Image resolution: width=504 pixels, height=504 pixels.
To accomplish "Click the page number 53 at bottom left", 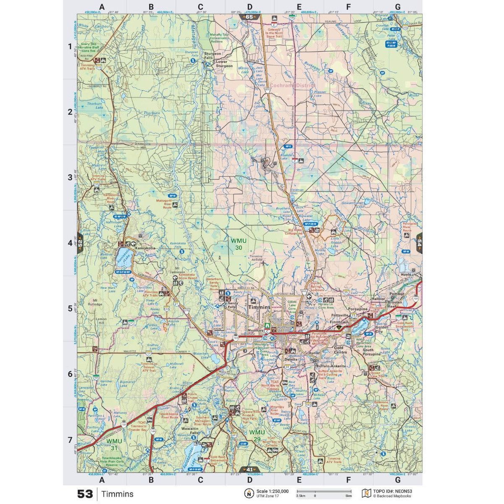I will point(84,494).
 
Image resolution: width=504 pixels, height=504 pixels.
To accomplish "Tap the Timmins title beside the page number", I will point(117,494).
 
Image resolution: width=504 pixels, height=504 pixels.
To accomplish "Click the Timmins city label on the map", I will point(260,307).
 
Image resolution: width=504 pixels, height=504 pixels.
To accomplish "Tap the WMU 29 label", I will point(257,435).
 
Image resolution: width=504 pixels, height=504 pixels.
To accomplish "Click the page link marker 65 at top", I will point(249,17).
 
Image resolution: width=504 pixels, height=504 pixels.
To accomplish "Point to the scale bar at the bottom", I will point(324,491).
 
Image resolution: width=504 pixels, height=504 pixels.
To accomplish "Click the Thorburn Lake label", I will point(94,105).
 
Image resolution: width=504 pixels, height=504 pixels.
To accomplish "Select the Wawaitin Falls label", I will point(190,430).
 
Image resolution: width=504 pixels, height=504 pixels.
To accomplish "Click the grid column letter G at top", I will point(397,7).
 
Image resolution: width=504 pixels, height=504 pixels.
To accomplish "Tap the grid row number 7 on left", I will point(70,440).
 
